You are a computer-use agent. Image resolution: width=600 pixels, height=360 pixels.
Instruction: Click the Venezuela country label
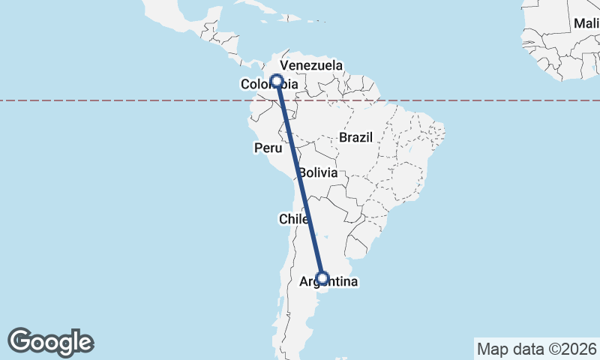pyautogui.click(x=311, y=66)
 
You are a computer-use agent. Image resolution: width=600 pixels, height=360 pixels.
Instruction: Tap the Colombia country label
pyautogui.click(x=268, y=85)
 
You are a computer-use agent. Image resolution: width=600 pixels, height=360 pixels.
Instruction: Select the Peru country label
pyautogui.click(x=268, y=148)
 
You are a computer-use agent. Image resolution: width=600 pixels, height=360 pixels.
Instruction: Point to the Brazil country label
pyautogui.click(x=355, y=138)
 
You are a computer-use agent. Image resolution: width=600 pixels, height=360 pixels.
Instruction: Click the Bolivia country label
pyautogui.click(x=317, y=172)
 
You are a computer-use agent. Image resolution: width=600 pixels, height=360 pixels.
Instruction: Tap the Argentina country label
pyautogui.click(x=328, y=283)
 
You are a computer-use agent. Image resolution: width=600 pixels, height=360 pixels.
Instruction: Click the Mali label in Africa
pyautogui.click(x=586, y=23)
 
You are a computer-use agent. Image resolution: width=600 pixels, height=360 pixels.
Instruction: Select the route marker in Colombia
pyautogui.click(x=277, y=81)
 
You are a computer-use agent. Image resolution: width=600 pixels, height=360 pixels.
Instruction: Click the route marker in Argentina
pyautogui.click(x=322, y=278)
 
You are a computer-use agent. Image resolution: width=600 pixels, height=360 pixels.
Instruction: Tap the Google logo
pyautogui.click(x=50, y=342)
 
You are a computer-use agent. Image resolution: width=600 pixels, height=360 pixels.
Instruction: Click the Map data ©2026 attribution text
pyautogui.click(x=535, y=349)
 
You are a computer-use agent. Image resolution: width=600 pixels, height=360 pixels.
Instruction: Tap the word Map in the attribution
pyautogui.click(x=493, y=349)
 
